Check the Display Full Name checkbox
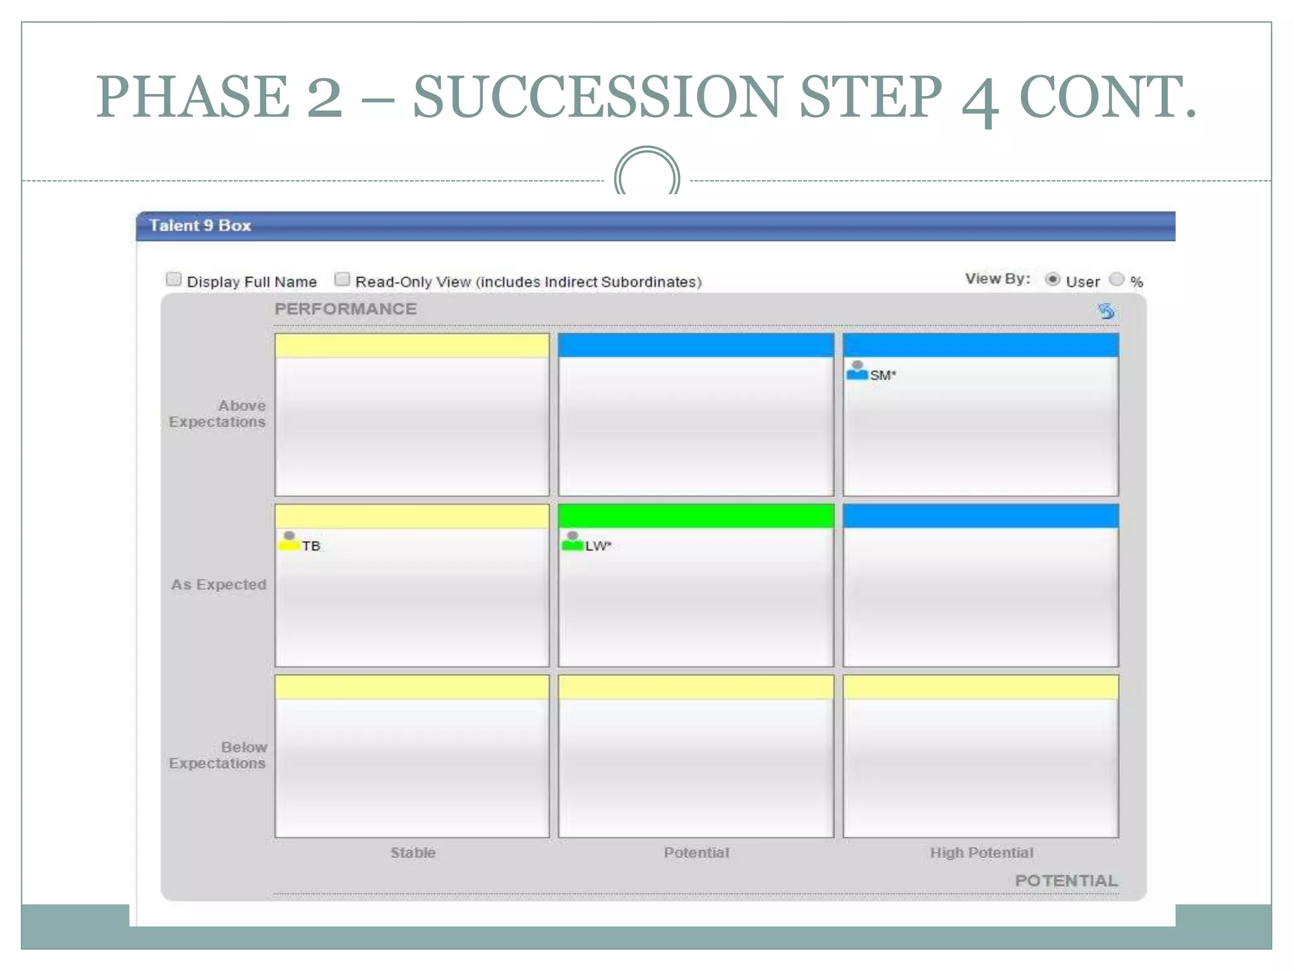click(x=173, y=279)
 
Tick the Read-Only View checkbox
click(x=342, y=279)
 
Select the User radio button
click(x=1052, y=279)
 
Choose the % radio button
click(x=1116, y=279)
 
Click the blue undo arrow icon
click(x=1106, y=311)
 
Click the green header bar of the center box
click(x=696, y=516)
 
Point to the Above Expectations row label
click(x=217, y=413)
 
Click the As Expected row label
click(x=219, y=585)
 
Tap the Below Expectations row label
click(x=217, y=755)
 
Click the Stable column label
click(x=413, y=853)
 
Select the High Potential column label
click(x=981, y=853)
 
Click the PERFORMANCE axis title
click(x=346, y=309)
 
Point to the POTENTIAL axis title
click(x=1066, y=881)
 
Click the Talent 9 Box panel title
click(x=200, y=226)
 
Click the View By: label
click(x=997, y=279)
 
